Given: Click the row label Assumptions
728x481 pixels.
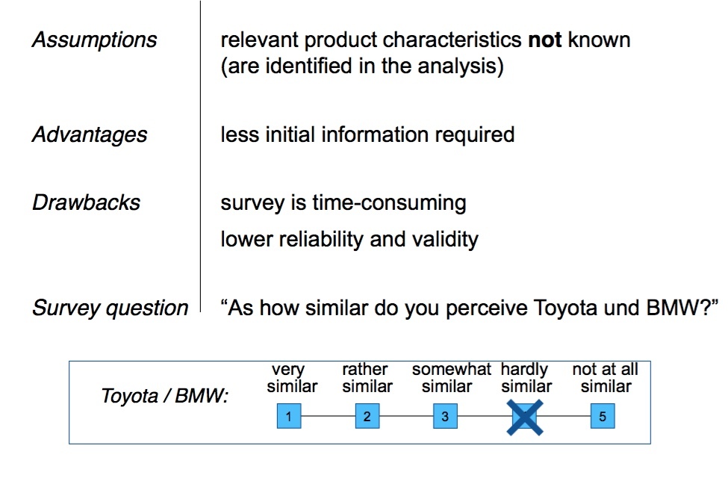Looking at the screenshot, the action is [94, 40].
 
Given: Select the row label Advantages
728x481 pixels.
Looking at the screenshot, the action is [89, 135].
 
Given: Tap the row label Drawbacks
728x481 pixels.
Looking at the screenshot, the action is [86, 203].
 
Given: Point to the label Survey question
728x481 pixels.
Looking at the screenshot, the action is [110, 308].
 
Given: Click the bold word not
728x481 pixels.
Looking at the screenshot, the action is [545, 40].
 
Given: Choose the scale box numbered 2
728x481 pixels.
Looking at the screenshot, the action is [367, 417].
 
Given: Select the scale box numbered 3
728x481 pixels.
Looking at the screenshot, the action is [445, 417].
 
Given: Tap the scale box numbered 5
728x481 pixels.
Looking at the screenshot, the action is [603, 417].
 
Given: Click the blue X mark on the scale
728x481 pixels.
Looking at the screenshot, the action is [526, 417].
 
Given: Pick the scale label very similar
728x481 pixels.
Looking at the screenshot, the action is [291, 378].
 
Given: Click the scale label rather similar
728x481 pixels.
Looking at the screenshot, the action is [367, 378].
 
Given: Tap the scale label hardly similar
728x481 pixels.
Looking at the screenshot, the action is [526, 378].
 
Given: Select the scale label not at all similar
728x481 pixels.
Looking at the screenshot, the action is [606, 378].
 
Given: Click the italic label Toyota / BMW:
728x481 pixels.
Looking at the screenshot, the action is [164, 397].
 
